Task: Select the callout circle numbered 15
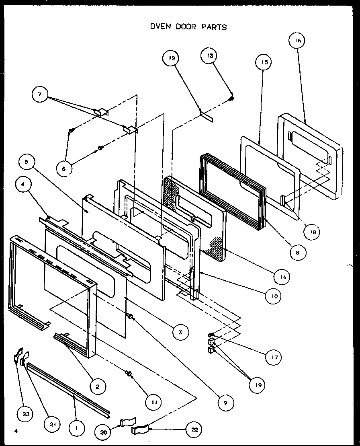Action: [x=264, y=62]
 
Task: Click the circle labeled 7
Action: [x=40, y=95]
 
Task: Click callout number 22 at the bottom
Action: [x=194, y=430]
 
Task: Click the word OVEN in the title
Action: [x=159, y=27]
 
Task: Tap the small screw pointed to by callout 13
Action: [x=232, y=98]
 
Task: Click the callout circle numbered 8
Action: [x=297, y=253]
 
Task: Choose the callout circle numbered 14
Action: [x=282, y=276]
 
